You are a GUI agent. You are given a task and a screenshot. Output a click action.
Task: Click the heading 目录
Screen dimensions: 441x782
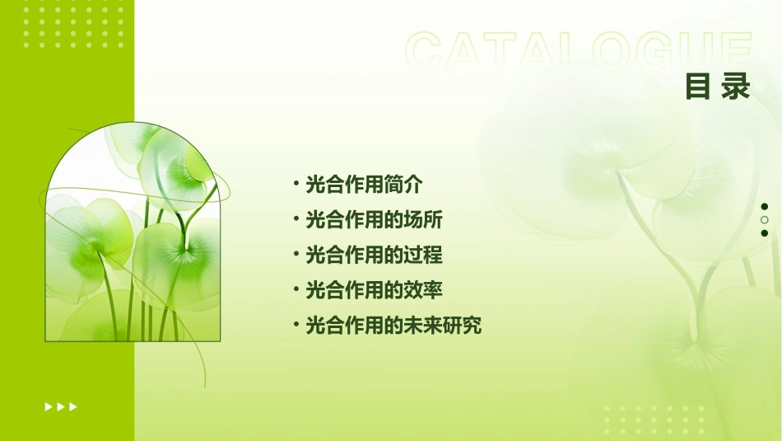click(718, 86)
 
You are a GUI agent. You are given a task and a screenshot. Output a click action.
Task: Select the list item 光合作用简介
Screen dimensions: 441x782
click(364, 185)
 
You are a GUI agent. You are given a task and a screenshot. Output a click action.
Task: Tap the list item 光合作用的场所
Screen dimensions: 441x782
click(374, 220)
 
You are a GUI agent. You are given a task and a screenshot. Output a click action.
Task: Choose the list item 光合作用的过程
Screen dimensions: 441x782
click(374, 255)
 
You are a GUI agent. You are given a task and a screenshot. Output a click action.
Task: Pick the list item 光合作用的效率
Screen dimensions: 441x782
click(374, 290)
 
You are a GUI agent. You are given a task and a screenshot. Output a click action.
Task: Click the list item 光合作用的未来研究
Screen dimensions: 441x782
click(393, 326)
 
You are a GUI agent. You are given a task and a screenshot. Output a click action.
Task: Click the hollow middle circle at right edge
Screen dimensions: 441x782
click(765, 220)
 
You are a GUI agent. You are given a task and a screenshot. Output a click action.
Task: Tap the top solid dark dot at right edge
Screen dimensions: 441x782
click(765, 207)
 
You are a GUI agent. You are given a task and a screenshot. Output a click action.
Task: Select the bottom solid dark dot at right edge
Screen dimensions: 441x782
click(765, 233)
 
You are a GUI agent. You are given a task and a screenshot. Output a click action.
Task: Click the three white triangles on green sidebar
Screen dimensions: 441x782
click(61, 406)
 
